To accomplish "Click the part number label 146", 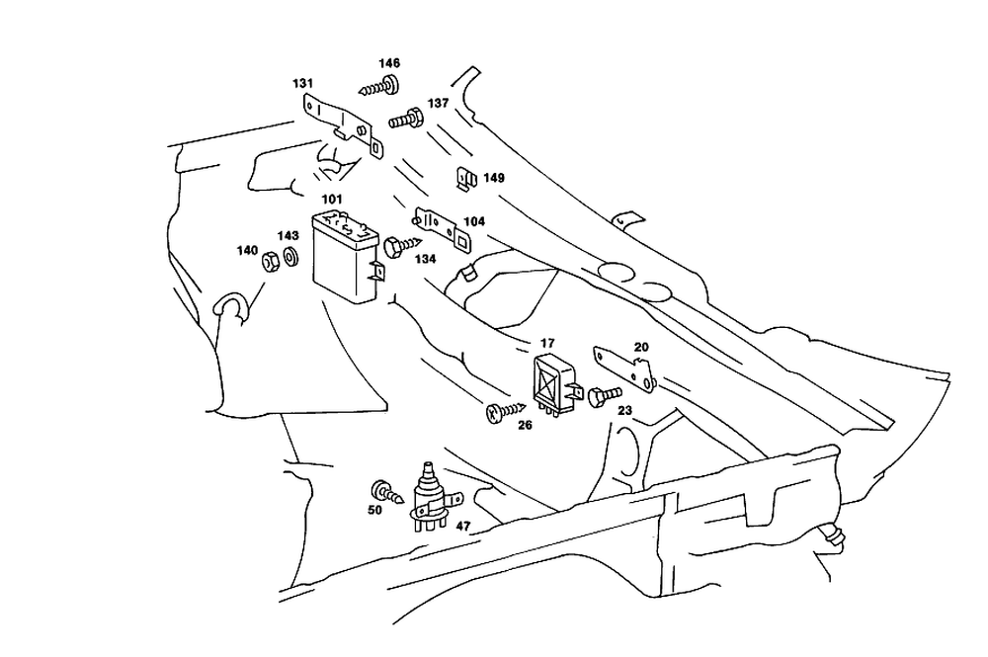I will [389, 63].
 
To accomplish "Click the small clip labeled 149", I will [463, 180].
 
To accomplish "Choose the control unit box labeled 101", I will [345, 257].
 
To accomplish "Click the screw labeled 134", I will [400, 247].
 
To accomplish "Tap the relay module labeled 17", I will [554, 380].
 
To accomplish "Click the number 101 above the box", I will [333, 201].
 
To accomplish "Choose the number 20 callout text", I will [641, 347].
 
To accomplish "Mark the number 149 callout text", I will [494, 178].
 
